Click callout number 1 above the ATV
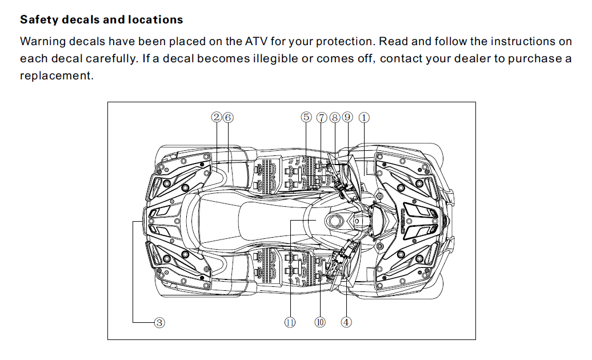click(x=364, y=117)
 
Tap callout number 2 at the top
click(x=216, y=117)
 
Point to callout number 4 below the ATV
click(x=346, y=322)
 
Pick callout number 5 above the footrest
click(x=306, y=117)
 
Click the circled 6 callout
click(x=228, y=117)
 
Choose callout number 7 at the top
click(x=322, y=117)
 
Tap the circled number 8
click(x=335, y=117)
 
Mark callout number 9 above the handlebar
click(x=347, y=117)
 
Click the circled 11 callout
click(x=290, y=322)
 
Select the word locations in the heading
click(x=155, y=20)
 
